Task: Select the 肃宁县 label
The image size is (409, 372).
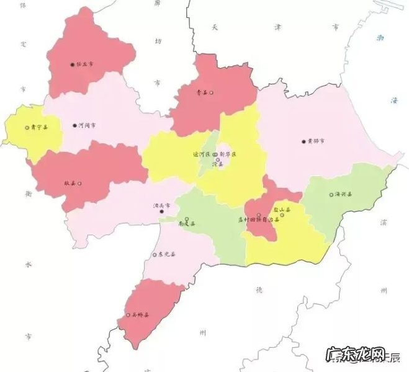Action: (x=38, y=128)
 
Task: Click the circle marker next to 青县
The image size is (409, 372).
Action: (x=212, y=93)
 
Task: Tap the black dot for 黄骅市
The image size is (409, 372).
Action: (x=303, y=141)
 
